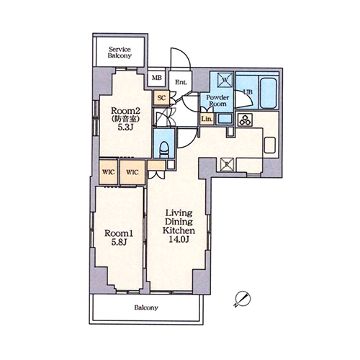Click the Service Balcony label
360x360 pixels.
(x=120, y=53)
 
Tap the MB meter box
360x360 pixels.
(x=157, y=78)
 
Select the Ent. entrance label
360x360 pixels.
(x=181, y=82)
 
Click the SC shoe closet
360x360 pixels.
(x=161, y=98)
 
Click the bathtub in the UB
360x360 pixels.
(x=269, y=91)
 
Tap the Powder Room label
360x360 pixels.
(x=217, y=101)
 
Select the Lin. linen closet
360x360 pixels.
(x=207, y=119)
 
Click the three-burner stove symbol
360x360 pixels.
(x=245, y=120)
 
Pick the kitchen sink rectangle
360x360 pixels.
(x=270, y=145)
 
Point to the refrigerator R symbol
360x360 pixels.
(x=227, y=165)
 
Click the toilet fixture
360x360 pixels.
(x=164, y=150)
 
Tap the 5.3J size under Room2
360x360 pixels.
(x=125, y=127)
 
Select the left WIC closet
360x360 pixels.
(x=109, y=172)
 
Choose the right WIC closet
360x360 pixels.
(x=132, y=172)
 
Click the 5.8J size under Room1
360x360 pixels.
(x=119, y=243)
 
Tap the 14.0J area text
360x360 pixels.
(x=179, y=239)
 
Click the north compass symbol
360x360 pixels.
(x=243, y=299)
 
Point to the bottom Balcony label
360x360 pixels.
(x=146, y=307)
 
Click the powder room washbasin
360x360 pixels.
(x=225, y=119)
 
